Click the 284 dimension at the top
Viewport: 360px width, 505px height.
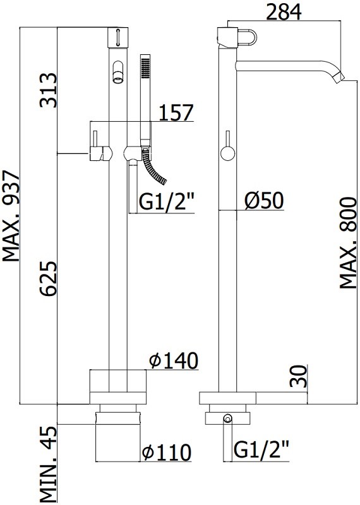(284, 11)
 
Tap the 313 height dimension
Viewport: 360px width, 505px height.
(48, 90)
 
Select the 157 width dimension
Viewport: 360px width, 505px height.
(176, 112)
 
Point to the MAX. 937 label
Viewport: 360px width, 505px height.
(11, 217)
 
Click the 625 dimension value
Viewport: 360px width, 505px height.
(48, 278)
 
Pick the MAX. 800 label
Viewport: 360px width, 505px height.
(348, 243)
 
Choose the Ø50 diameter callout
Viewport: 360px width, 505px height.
(264, 200)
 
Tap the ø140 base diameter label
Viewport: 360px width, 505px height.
(174, 360)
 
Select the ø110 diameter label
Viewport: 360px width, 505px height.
(166, 452)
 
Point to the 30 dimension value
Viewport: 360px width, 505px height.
(299, 376)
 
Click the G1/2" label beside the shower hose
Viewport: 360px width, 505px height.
(166, 202)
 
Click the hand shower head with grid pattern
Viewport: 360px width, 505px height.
(145, 67)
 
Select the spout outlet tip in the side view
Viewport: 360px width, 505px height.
(339, 77)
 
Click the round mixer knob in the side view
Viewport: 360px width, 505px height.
(228, 153)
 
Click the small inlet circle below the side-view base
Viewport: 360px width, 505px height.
(228, 419)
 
